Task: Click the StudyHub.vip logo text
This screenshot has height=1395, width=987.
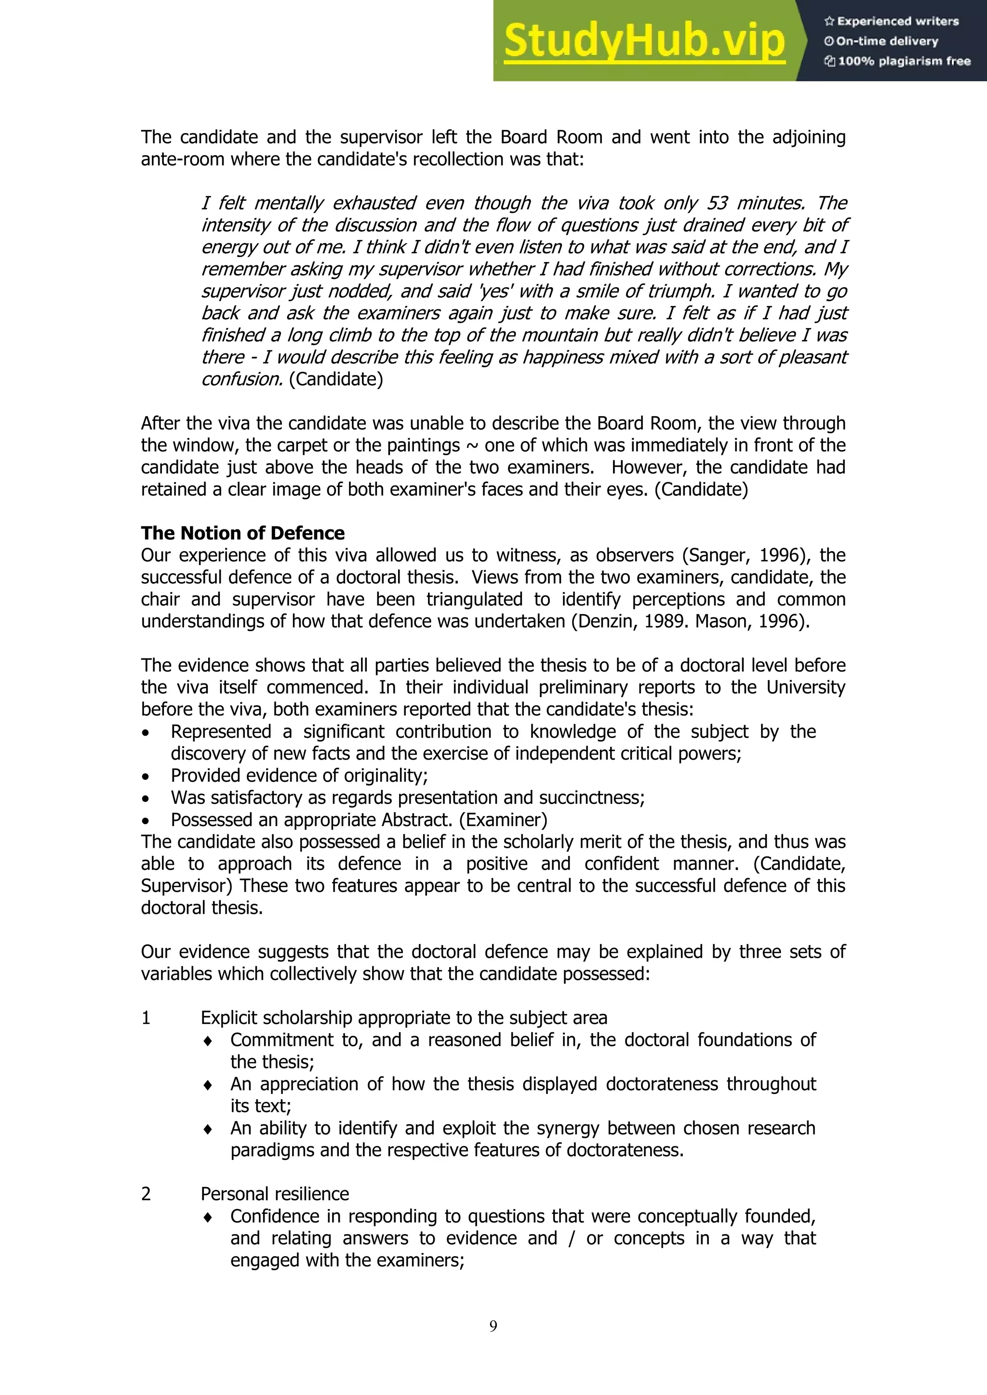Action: click(644, 41)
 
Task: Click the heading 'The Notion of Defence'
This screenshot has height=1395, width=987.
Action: click(242, 533)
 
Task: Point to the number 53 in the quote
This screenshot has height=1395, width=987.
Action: click(717, 203)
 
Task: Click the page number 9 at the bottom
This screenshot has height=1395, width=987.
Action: click(493, 1326)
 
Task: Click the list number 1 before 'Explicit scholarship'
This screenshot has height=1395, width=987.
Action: click(146, 1018)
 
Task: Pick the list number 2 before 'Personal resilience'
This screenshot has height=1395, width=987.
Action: click(146, 1194)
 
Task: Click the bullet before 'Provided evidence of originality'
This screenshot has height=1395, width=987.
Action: click(145, 776)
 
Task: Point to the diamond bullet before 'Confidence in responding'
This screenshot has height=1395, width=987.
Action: click(208, 1217)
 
